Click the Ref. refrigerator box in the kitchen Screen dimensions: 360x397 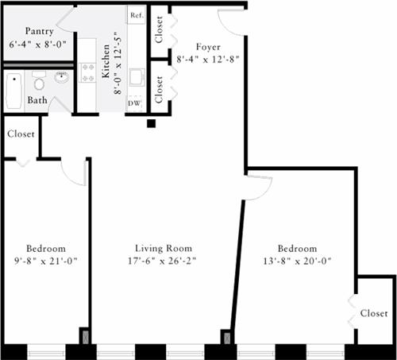136,15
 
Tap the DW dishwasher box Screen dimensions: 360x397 136,103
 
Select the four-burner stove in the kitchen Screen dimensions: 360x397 87,79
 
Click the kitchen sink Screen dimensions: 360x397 137,77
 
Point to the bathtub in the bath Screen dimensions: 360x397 13,91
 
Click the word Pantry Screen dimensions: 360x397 39,30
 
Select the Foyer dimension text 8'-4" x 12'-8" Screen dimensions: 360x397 208,58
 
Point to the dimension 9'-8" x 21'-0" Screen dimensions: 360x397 45,260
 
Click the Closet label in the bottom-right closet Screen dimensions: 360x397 373,313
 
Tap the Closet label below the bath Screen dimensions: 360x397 21,134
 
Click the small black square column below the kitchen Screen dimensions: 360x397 151,123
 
